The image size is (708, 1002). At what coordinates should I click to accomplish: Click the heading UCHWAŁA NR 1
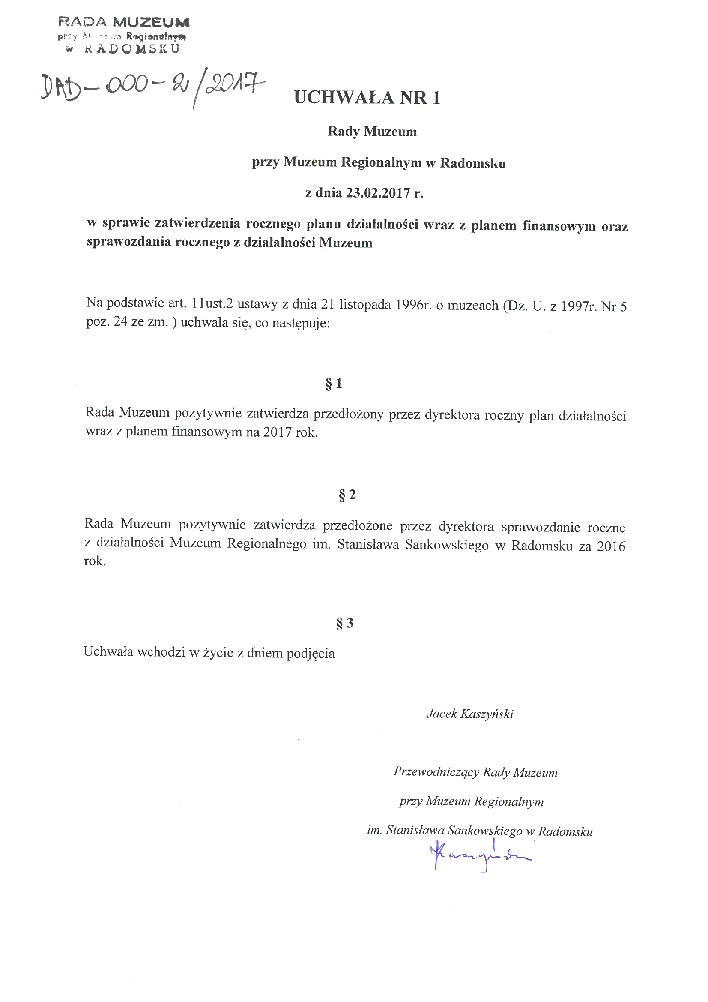click(x=367, y=98)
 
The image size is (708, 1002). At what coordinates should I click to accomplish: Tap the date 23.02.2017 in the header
click(x=378, y=193)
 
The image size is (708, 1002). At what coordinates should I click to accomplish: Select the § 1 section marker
click(x=334, y=384)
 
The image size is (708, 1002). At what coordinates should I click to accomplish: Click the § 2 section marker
click(x=347, y=495)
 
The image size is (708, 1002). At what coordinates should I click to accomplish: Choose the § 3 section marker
click(x=345, y=623)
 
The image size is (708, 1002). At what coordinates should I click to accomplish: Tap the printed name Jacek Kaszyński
click(x=470, y=714)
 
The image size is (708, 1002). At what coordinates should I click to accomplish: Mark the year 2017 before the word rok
click(x=277, y=432)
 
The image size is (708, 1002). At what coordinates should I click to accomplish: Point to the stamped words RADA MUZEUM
click(x=124, y=22)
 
